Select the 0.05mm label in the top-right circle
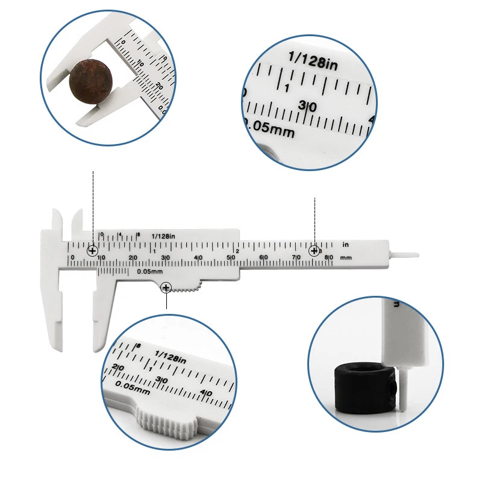point(269,128)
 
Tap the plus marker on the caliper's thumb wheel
point(166,289)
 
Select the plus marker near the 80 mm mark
point(315,251)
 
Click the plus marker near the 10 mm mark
point(93,251)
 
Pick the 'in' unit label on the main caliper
point(346,245)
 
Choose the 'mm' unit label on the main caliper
point(346,258)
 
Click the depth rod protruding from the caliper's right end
point(404,255)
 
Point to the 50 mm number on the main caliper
point(231,258)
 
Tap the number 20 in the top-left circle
point(158,86)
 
